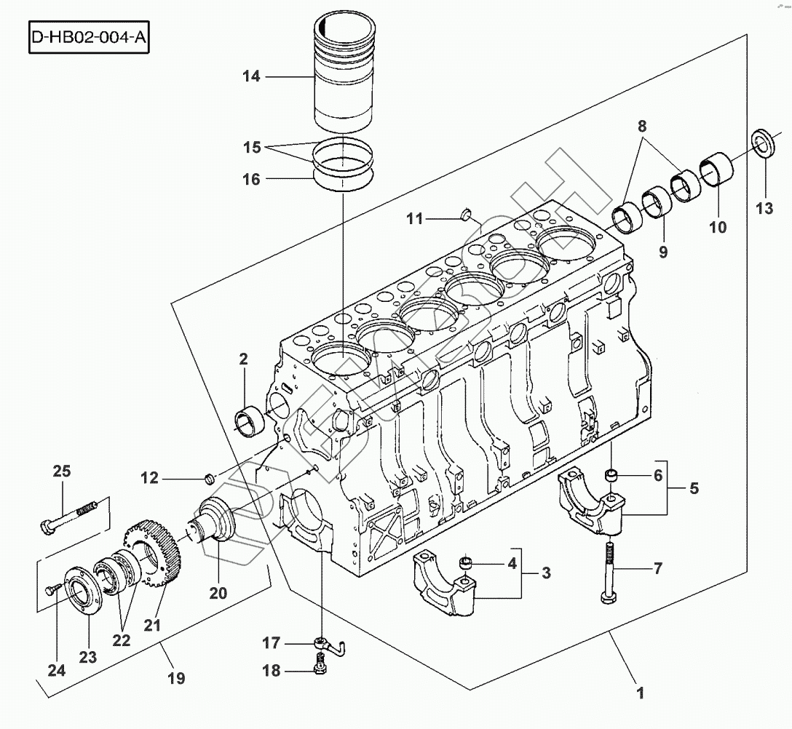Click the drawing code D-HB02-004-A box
click(x=89, y=37)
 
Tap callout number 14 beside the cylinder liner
click(x=251, y=76)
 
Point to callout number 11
click(x=414, y=219)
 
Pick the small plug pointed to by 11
click(x=466, y=214)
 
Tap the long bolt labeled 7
click(x=609, y=573)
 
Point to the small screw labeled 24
click(x=52, y=588)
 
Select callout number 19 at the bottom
click(x=176, y=678)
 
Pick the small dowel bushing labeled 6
click(x=611, y=474)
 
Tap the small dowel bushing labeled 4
click(x=465, y=562)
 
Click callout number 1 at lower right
click(x=641, y=693)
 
